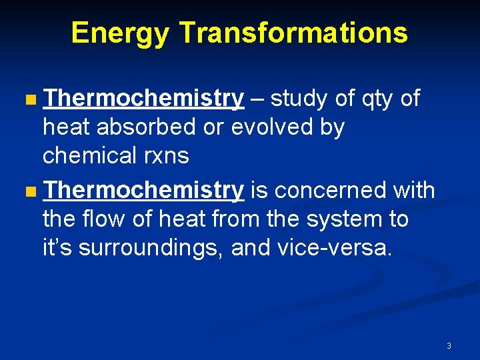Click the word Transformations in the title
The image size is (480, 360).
coord(293,33)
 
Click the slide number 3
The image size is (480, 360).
coord(449,346)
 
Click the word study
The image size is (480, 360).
coord(300,99)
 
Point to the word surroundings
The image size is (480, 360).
coord(151,248)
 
